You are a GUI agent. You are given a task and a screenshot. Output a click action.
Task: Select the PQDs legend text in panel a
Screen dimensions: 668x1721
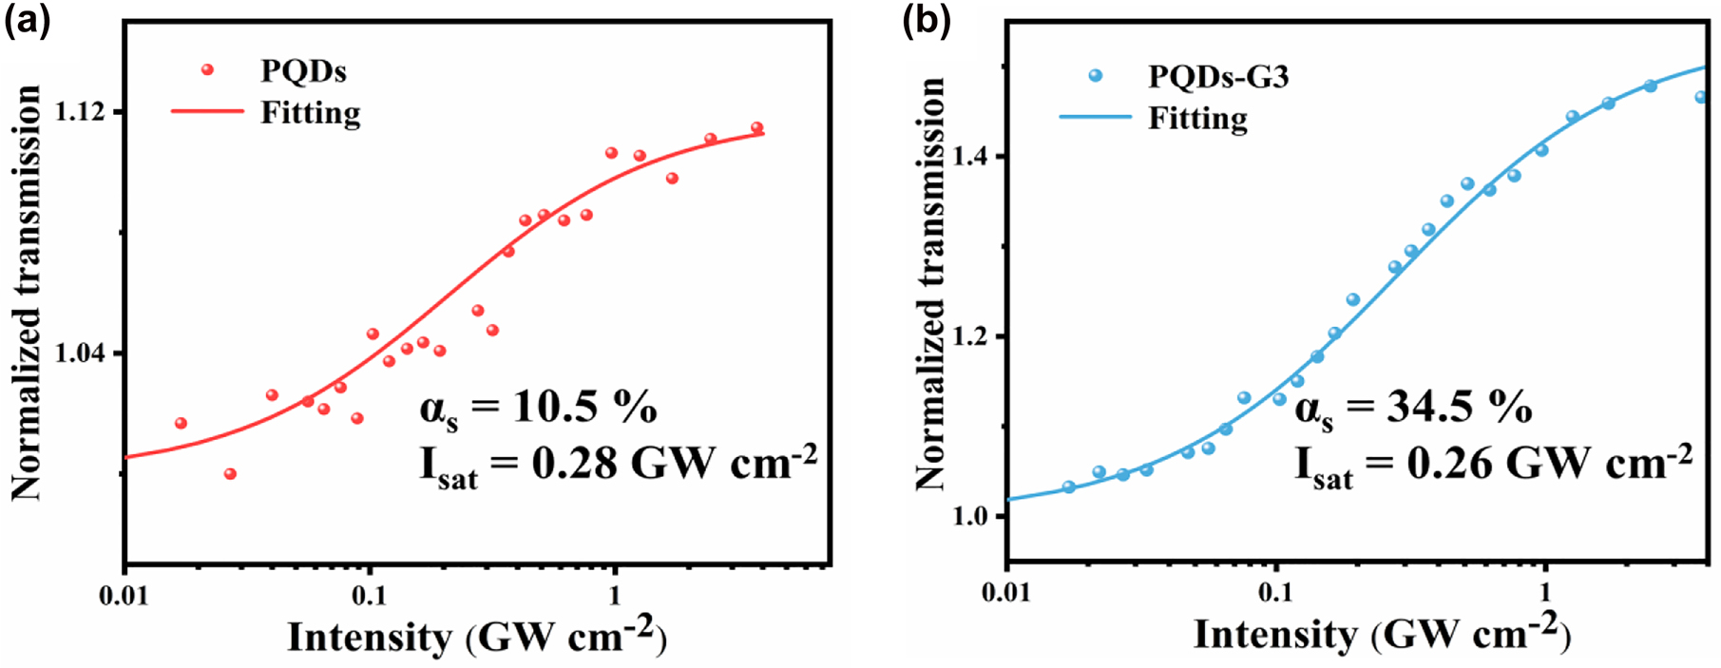303,71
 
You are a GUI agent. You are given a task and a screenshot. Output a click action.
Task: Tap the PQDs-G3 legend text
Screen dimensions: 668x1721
1218,76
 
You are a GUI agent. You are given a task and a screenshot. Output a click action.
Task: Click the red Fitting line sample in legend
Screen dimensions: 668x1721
207,111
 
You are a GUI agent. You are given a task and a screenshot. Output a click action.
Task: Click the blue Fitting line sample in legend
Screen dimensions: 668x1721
1095,117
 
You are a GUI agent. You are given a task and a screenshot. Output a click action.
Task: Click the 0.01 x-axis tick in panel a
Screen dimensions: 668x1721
124,596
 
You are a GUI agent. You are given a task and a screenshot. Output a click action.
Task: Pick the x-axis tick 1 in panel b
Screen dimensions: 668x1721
1545,593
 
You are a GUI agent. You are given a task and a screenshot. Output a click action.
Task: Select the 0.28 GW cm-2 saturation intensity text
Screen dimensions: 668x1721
618,465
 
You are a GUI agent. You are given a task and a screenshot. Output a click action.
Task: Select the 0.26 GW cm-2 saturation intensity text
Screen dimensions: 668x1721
1493,465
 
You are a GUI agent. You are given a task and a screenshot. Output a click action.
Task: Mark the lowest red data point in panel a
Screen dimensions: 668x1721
230,473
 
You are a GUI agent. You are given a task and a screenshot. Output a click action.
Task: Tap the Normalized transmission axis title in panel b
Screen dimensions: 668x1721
930,285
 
